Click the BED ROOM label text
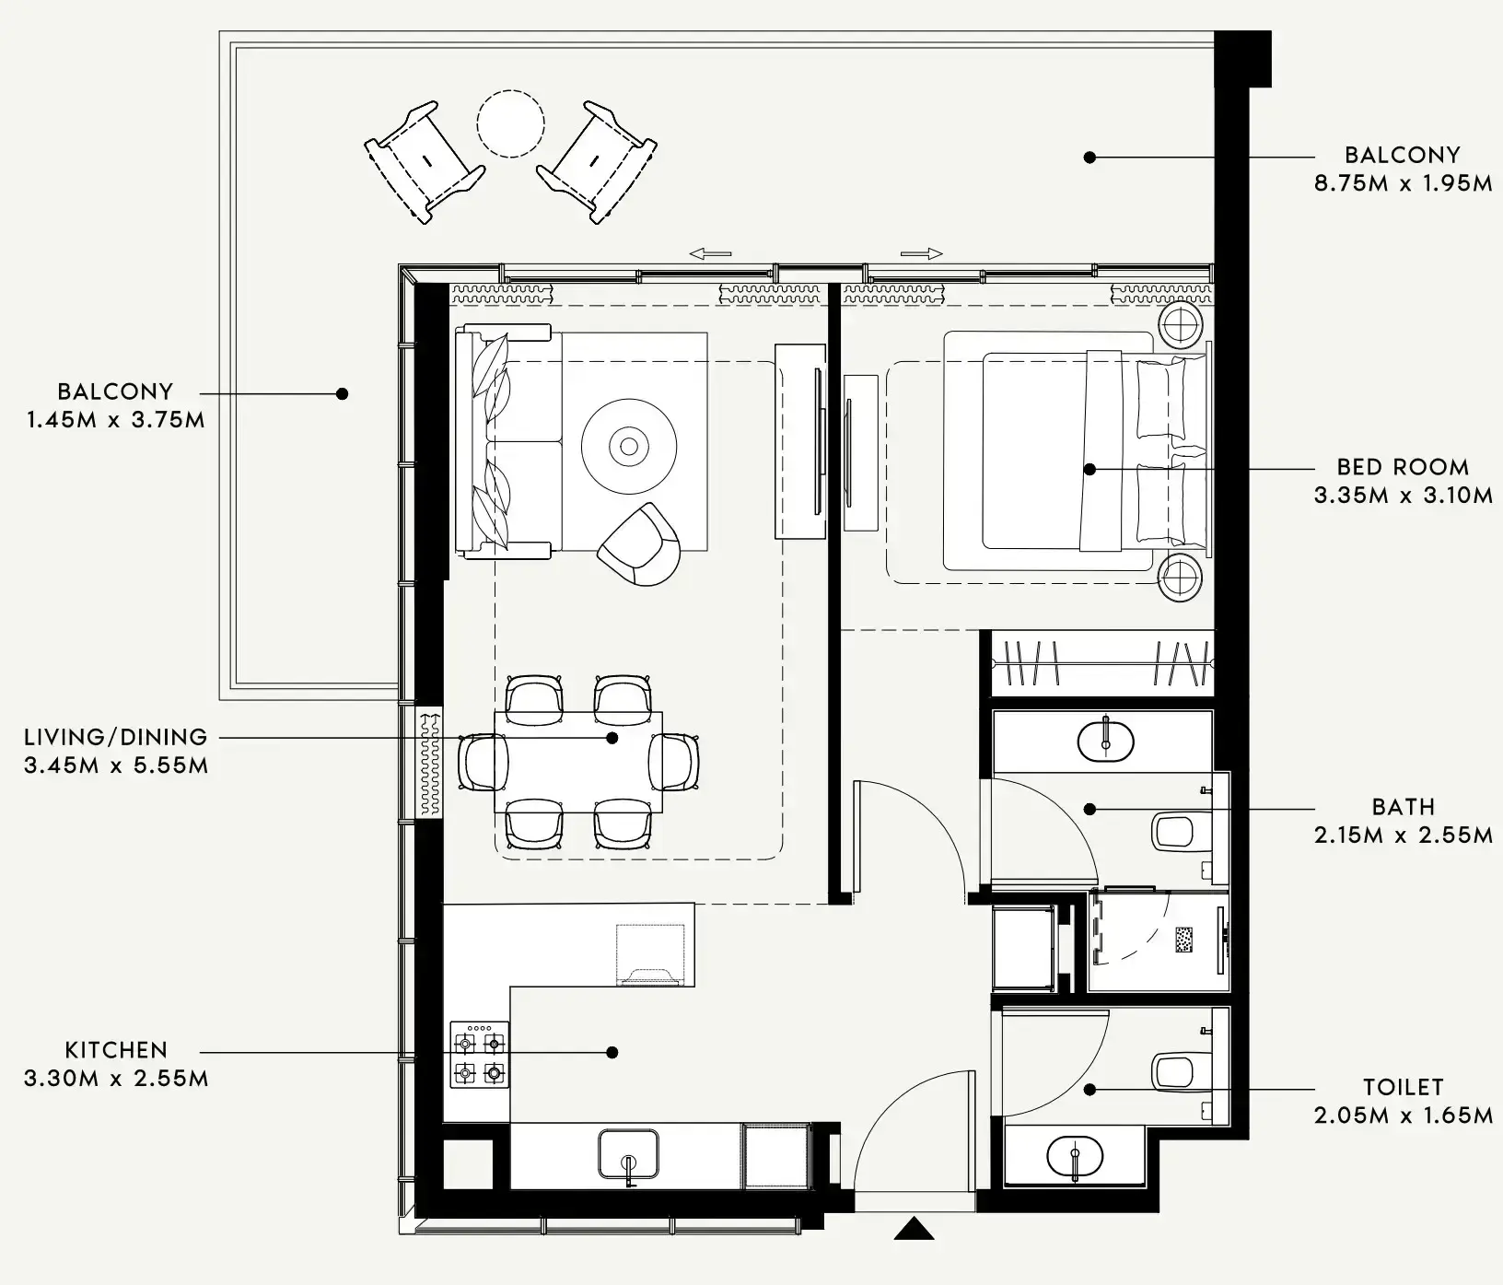pos(1402,466)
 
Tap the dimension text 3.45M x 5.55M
pos(116,765)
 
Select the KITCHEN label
pos(116,1049)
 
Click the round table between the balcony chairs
pos(510,123)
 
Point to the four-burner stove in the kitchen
pos(479,1054)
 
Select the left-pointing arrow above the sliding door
pos(710,253)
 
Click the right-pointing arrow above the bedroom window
pos(922,253)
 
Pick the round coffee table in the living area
pos(629,446)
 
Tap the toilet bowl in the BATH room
pos(1173,831)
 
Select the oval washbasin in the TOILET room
pos(1075,1156)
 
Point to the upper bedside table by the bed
pos(1180,324)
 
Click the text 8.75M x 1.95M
pos(1402,182)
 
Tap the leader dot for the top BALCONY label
pos(1089,158)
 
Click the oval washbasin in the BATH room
pos(1105,741)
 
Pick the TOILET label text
pos(1402,1087)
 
